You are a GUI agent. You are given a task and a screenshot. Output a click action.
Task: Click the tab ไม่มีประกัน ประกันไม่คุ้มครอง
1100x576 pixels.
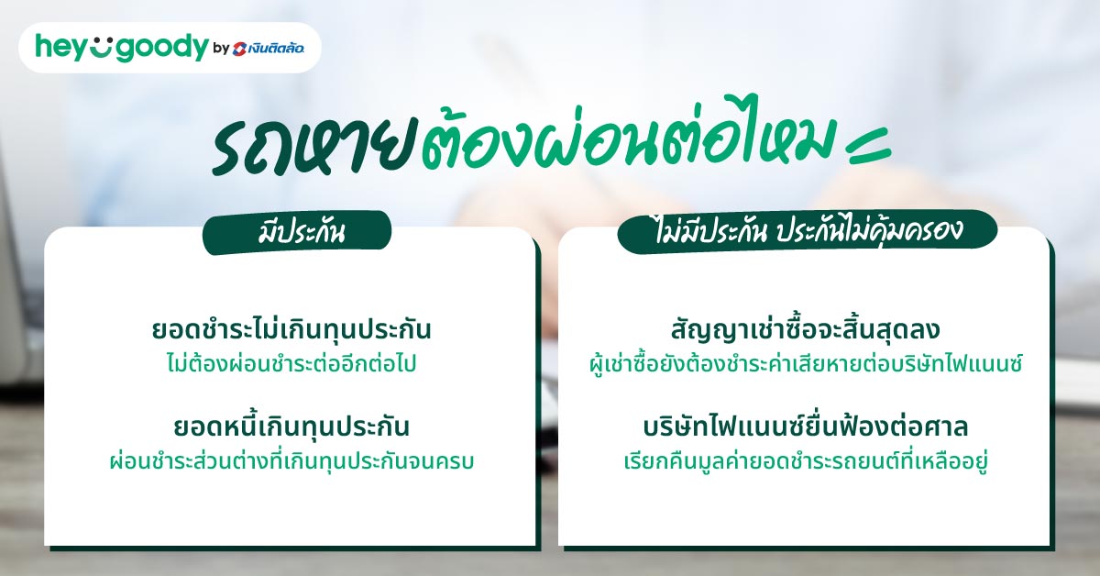coord(808,232)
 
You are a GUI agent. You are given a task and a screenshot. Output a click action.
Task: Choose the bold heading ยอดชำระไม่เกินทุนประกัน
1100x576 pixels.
coord(291,330)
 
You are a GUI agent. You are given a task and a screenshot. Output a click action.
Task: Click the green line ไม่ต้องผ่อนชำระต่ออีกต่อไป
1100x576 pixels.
coord(291,363)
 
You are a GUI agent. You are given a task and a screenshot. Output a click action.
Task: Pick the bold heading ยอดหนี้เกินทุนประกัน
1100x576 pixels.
coord(291,427)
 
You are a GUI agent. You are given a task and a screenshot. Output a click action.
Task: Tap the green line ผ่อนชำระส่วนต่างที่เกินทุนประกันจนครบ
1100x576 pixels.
coord(291,460)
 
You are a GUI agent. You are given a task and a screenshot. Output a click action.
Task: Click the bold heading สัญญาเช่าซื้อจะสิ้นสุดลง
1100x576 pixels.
coord(806,330)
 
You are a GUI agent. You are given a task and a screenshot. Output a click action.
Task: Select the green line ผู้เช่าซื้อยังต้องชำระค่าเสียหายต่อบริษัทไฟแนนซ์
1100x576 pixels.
coord(806,363)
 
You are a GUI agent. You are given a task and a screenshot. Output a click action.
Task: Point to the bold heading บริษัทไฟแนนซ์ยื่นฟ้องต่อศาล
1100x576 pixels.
coord(806,427)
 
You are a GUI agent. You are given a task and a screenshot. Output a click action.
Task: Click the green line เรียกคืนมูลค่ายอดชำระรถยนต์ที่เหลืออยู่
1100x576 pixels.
coord(806,460)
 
